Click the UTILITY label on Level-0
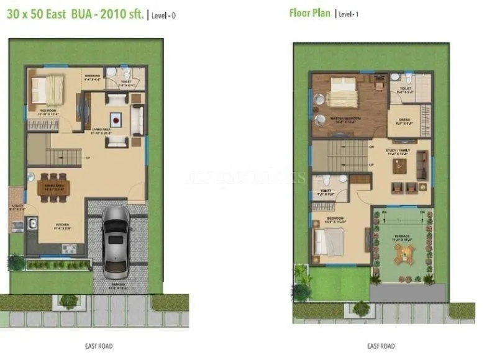click(17, 208)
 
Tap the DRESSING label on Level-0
click(92, 76)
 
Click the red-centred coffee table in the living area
click(116, 119)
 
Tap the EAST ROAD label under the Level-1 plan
click(381, 346)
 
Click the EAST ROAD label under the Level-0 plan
click(99, 346)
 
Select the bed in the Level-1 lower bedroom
click(328, 240)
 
